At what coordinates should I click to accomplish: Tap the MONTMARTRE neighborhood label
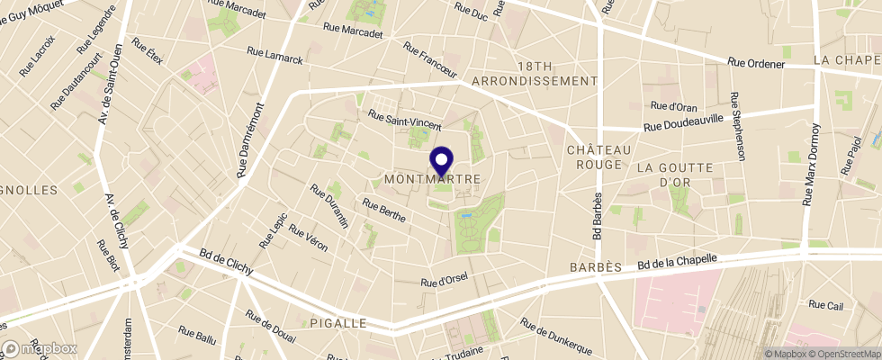[432, 179]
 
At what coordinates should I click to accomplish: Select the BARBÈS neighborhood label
[597, 267]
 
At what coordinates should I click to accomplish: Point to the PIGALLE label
[337, 322]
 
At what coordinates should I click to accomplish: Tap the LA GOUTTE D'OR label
[674, 175]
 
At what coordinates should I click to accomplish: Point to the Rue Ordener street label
[757, 64]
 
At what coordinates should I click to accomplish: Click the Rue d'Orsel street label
[445, 282]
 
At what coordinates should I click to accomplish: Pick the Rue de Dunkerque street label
[554, 336]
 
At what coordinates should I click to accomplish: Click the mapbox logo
[40, 347]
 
